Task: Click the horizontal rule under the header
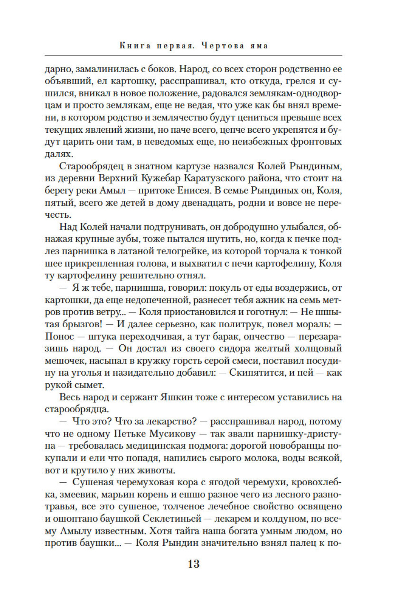click(x=193, y=55)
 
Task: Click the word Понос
click(x=60, y=336)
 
